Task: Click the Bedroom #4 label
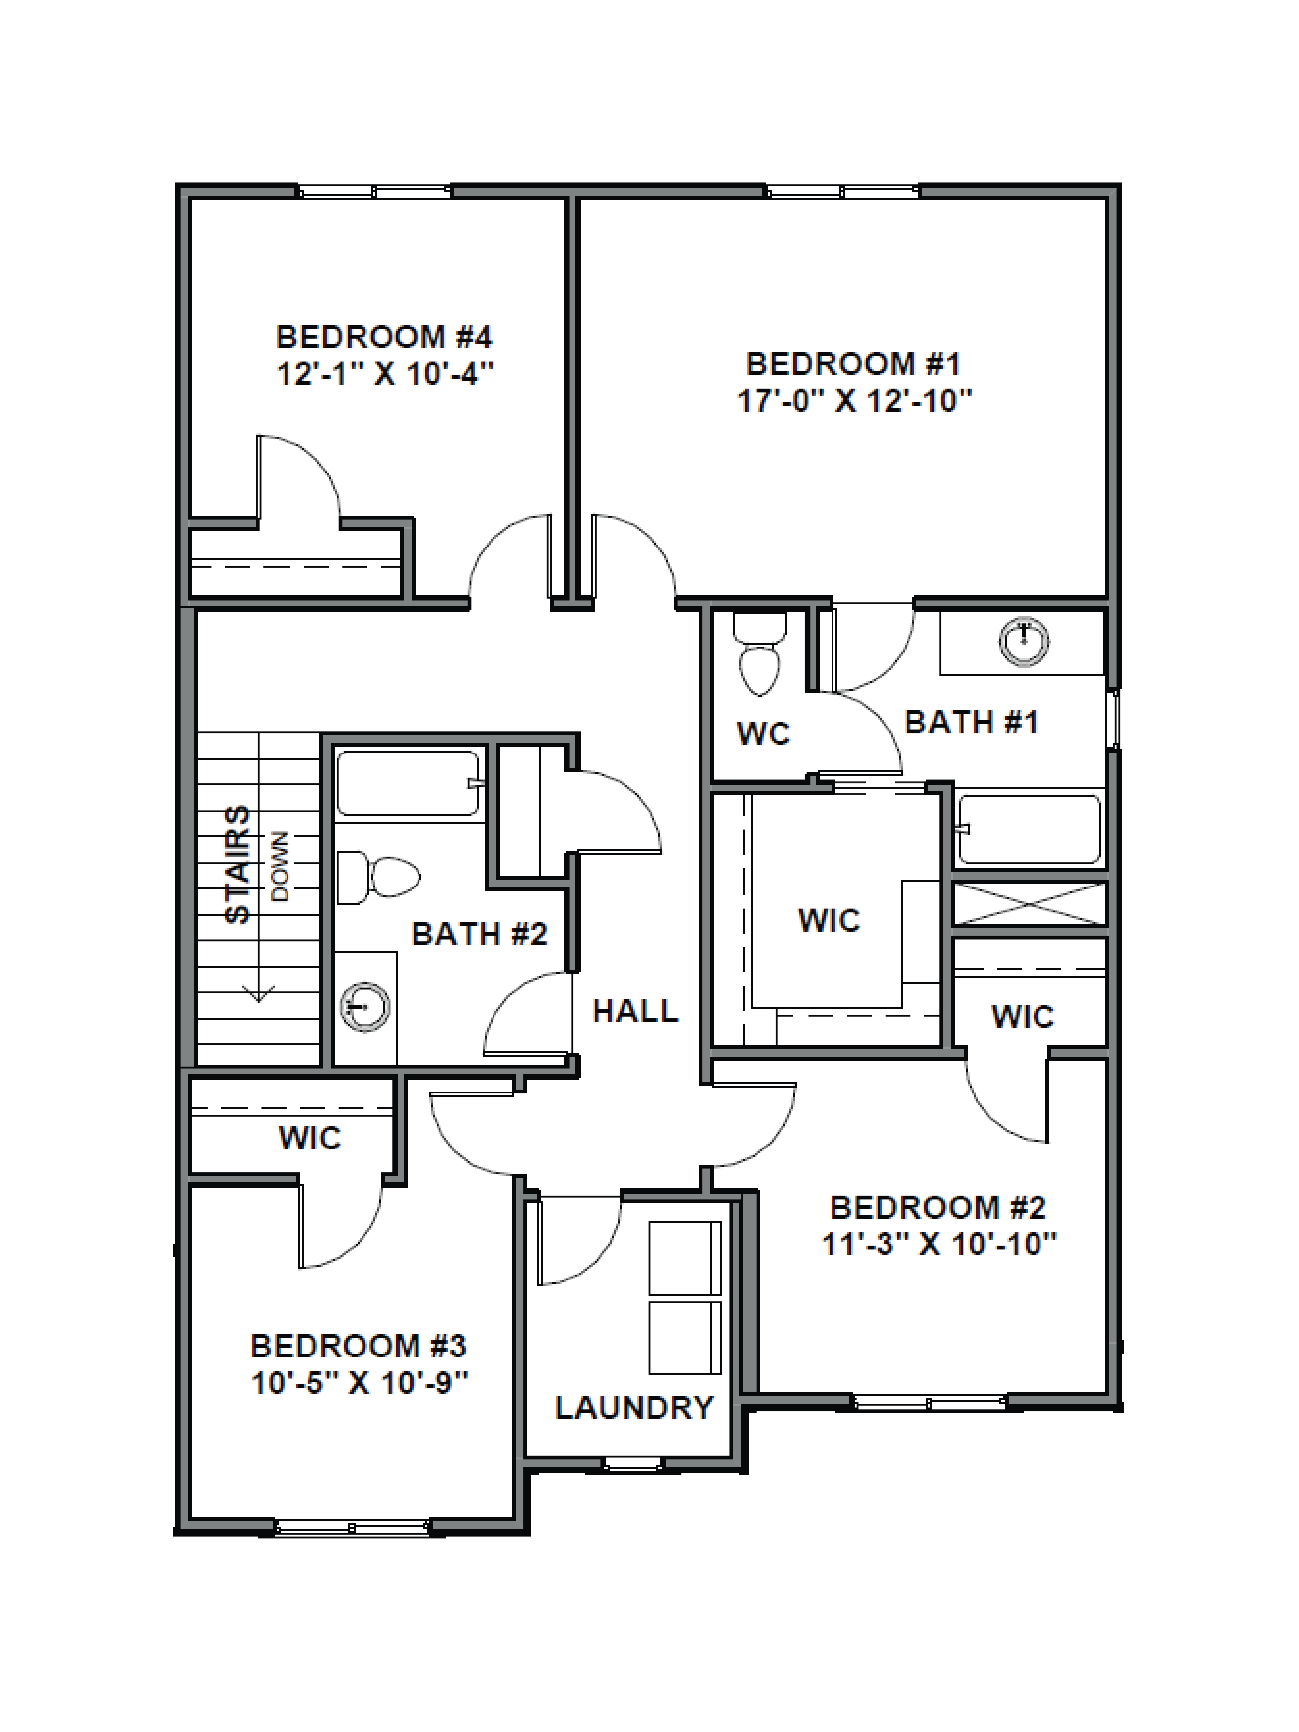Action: point(384,337)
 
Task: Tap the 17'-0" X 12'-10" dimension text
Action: point(854,402)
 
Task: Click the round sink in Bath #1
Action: point(1024,641)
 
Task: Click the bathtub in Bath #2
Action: point(407,783)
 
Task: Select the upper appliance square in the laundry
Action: point(684,1257)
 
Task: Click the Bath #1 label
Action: point(971,722)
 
